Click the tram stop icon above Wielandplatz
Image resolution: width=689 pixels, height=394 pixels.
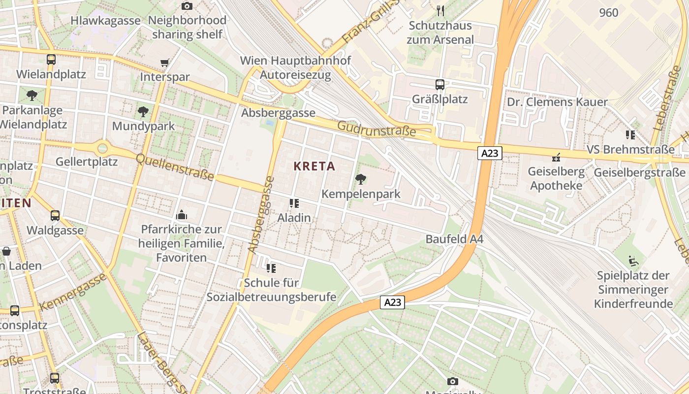(x=51, y=60)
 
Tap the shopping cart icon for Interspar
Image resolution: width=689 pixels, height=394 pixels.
(x=165, y=63)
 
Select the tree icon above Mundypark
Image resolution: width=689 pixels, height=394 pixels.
(x=143, y=111)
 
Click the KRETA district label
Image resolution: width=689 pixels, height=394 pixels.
(x=314, y=166)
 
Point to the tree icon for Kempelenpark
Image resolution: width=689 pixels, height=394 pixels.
(x=361, y=179)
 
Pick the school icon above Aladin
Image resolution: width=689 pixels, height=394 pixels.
(x=294, y=203)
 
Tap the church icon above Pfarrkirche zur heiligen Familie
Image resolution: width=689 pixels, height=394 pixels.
(x=182, y=215)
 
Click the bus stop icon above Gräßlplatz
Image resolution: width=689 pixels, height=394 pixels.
(x=440, y=85)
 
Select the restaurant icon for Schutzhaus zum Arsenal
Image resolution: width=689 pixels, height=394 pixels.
(x=440, y=10)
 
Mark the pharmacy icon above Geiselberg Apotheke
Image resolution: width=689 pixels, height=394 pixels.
(x=556, y=158)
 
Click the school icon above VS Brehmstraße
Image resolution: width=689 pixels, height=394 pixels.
(x=630, y=134)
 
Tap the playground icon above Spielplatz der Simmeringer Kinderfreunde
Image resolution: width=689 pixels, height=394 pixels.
(x=633, y=261)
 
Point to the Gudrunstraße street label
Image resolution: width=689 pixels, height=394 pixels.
(x=376, y=130)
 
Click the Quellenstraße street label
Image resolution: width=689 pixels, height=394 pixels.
(x=175, y=167)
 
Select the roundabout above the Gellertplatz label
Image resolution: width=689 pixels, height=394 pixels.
(x=102, y=147)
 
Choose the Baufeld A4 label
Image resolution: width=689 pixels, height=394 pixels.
(x=454, y=239)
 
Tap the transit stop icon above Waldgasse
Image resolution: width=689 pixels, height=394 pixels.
(x=55, y=216)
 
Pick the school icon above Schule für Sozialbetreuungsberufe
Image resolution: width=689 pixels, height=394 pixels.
(x=271, y=268)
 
